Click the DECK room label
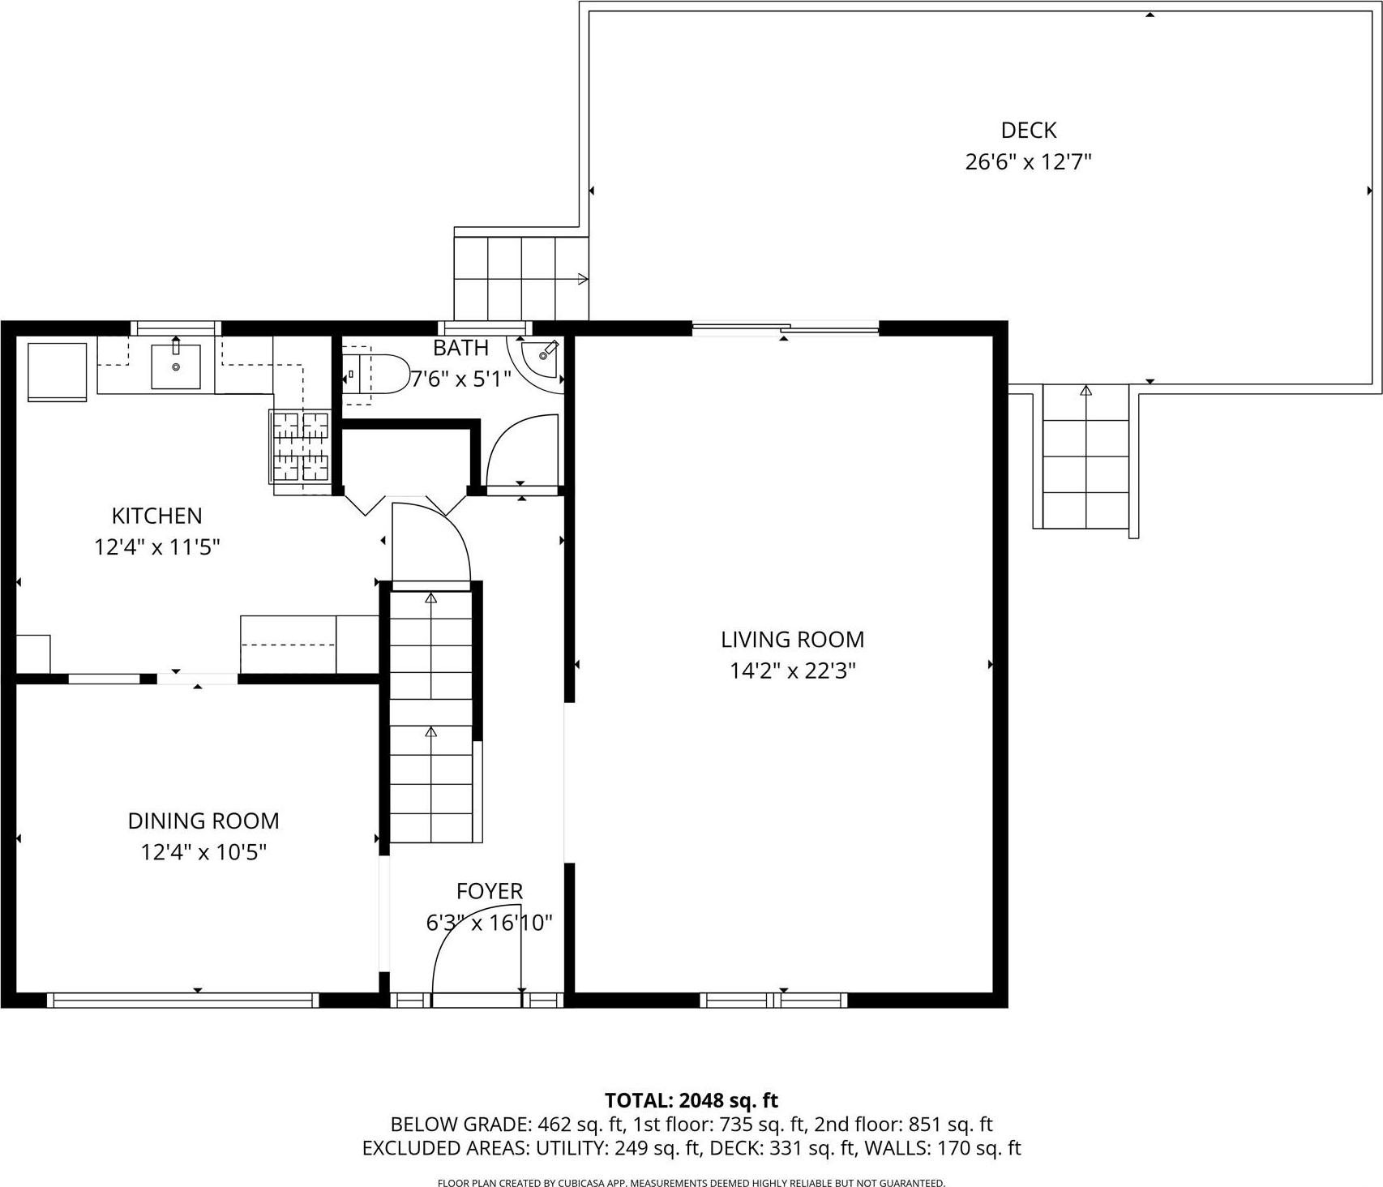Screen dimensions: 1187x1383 1028,130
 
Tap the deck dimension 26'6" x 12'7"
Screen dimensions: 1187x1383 1028,162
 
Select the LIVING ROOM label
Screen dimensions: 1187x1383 792,640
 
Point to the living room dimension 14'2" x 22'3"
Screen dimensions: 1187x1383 792,671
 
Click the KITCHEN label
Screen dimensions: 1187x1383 156,516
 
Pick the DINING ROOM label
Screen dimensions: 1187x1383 203,821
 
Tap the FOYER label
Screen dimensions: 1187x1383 489,891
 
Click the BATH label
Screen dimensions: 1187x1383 460,348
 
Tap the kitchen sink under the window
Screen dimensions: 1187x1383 176,366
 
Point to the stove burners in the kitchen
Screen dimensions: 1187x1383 301,448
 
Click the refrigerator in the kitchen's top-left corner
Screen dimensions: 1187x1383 57,371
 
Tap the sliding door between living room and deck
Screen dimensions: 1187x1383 785,328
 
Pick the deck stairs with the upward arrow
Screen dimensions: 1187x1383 1085,458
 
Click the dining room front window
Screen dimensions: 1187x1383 182,1001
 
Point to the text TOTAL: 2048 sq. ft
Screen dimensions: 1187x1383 691,1100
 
